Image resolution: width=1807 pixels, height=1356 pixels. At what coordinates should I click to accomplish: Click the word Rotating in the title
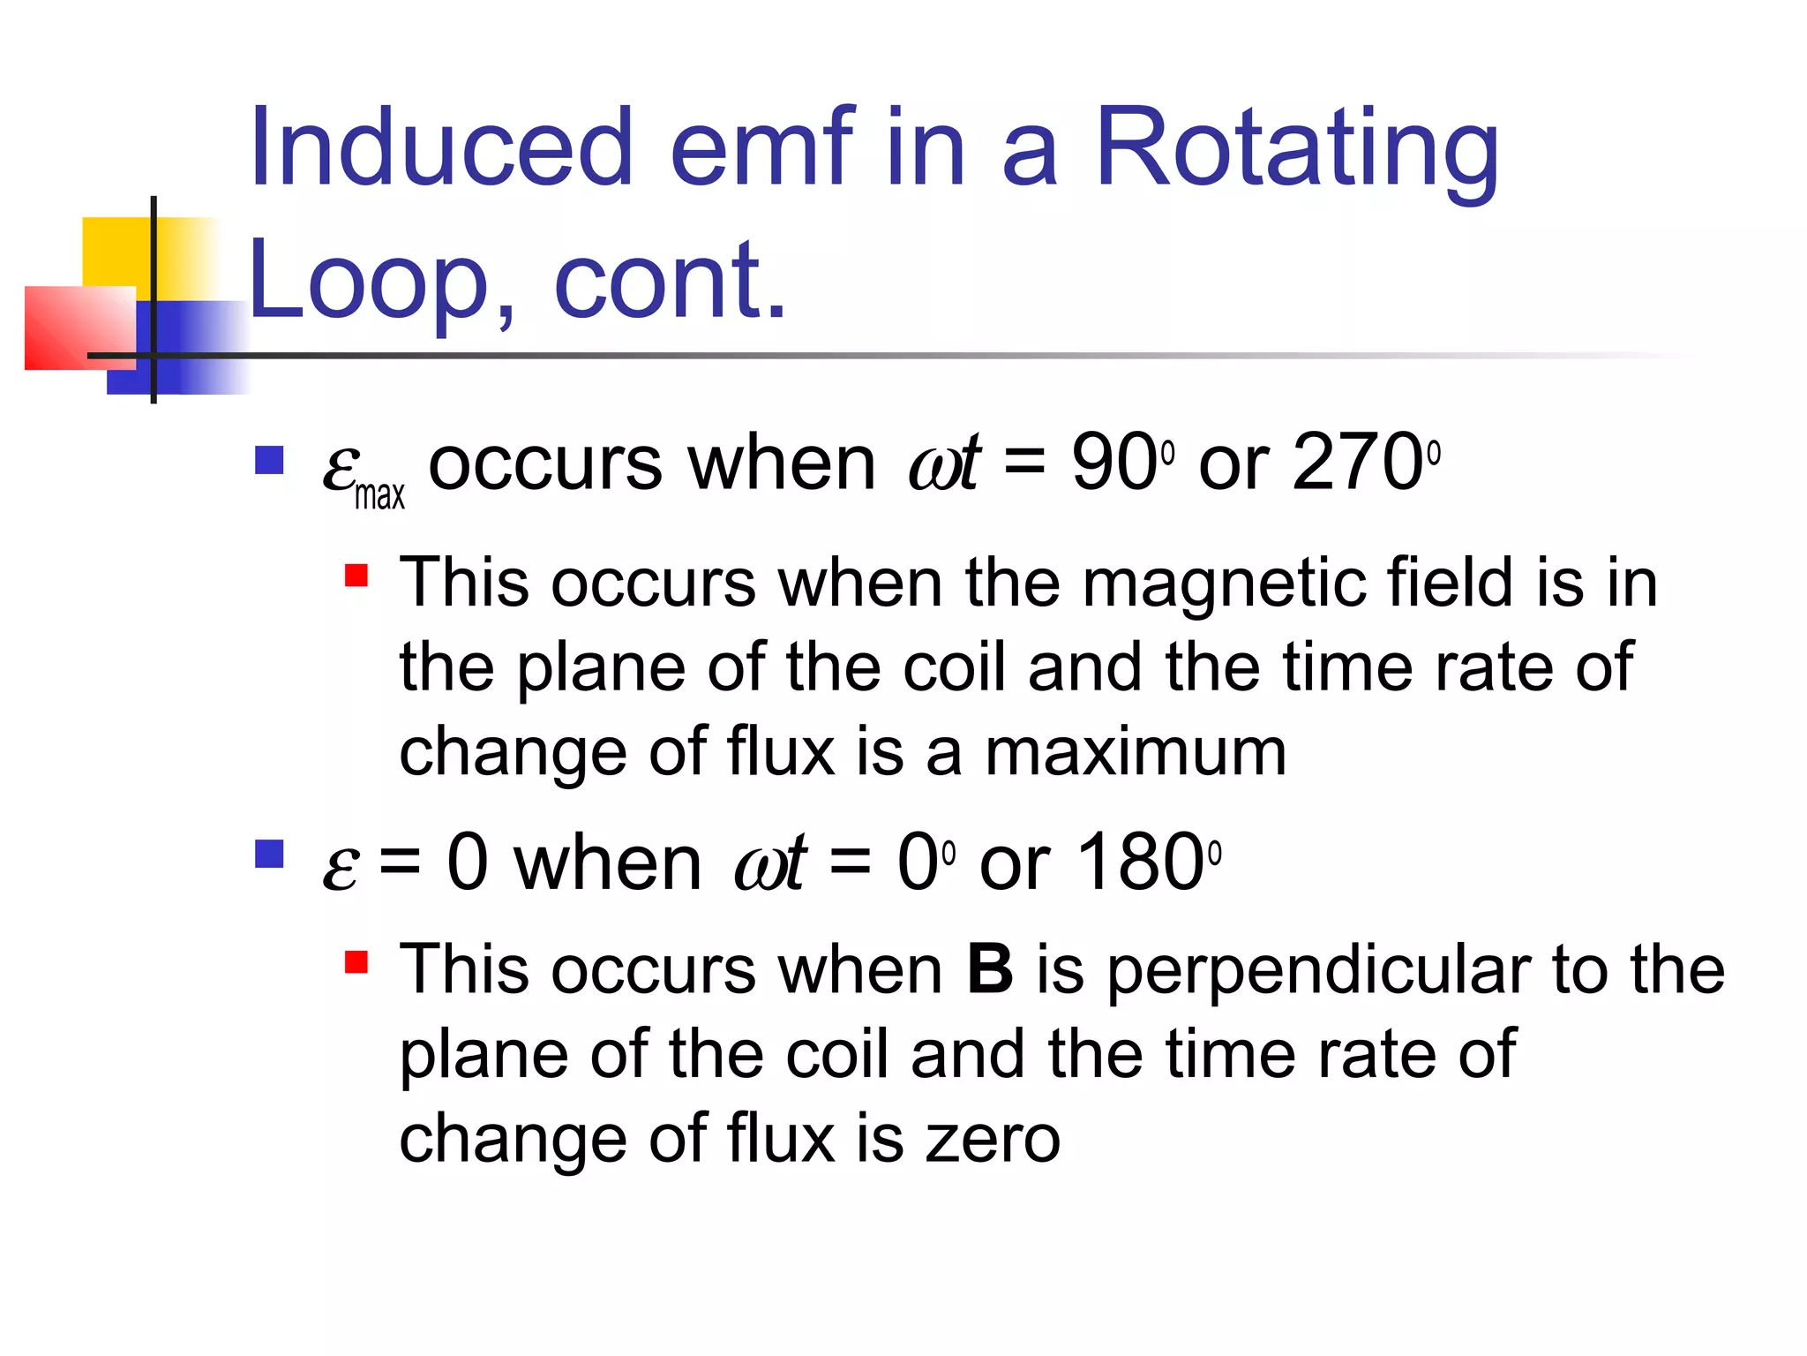pos(1297,150)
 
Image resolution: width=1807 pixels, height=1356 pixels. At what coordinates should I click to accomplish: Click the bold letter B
pos(990,969)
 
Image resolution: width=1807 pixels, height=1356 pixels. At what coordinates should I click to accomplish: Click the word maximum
pos(1136,753)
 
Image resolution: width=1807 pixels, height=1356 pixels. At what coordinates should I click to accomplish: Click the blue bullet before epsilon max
pos(269,461)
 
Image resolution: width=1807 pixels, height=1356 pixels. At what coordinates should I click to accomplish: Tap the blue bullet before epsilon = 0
pos(269,855)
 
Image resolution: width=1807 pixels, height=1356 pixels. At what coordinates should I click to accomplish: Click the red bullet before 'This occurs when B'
pos(356,961)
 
